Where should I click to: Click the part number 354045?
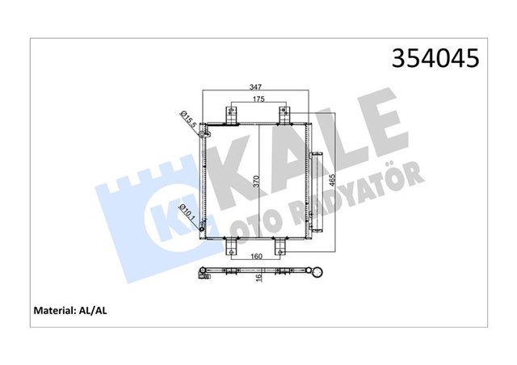435,58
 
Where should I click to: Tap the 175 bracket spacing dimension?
258,99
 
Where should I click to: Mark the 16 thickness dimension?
258,277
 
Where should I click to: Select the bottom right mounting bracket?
280,247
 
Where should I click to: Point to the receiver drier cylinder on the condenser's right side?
314,182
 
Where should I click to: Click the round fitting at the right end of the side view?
318,273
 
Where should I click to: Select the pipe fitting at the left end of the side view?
202,275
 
